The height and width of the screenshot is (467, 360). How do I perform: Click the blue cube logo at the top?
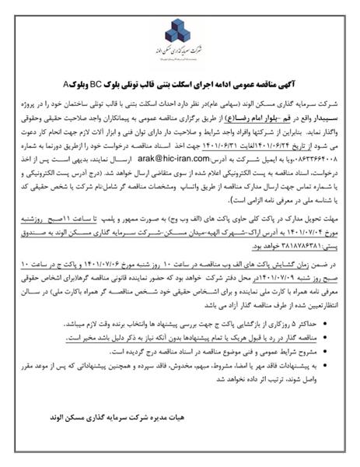pos(180,29)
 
